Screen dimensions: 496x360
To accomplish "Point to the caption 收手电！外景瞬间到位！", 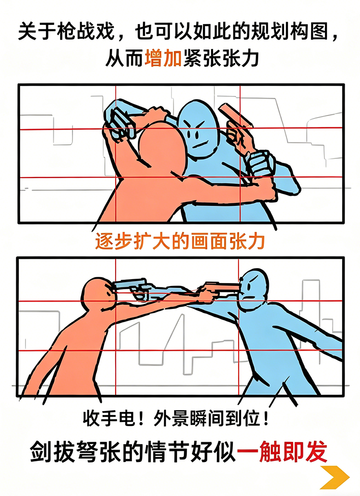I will pyautogui.click(x=176, y=419).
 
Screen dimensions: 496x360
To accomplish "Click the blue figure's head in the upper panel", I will pyautogui.click(x=198, y=130).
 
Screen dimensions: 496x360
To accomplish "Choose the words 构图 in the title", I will pyautogui.click(x=307, y=32).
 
